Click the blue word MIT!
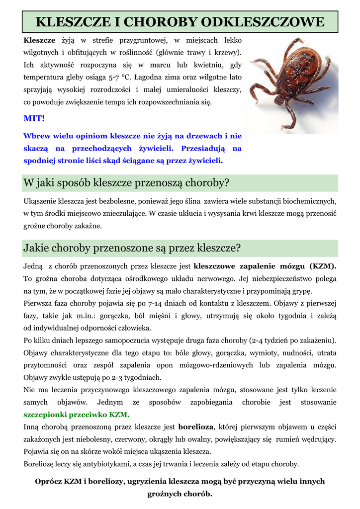click(34, 118)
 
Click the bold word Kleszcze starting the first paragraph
click(39, 39)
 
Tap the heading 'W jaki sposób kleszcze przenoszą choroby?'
click(126, 183)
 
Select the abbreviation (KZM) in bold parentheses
click(323, 265)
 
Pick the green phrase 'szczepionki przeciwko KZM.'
click(77, 414)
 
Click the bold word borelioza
click(196, 426)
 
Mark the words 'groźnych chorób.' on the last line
click(180, 494)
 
